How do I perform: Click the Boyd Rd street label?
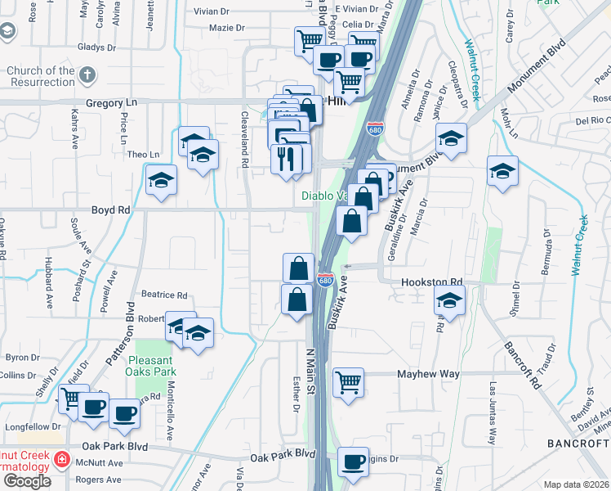[x=113, y=209]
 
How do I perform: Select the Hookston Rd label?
[x=431, y=282]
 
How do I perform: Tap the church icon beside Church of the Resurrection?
[x=88, y=75]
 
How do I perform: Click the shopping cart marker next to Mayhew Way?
[x=349, y=381]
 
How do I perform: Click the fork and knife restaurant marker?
[x=285, y=157]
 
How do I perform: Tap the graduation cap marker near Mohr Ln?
[x=502, y=172]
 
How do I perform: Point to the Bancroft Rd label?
[x=524, y=364]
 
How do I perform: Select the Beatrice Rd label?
[x=164, y=295]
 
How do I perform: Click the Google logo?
[x=26, y=480]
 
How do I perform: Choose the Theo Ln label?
[x=143, y=154]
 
